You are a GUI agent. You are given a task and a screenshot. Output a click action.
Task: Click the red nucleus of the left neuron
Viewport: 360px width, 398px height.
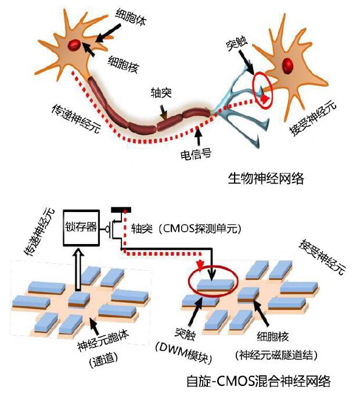[74, 44]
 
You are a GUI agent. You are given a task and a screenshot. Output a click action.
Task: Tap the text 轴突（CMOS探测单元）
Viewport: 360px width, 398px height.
[185, 228]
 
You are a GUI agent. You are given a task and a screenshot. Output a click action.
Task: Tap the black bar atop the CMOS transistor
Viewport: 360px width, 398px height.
[121, 209]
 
